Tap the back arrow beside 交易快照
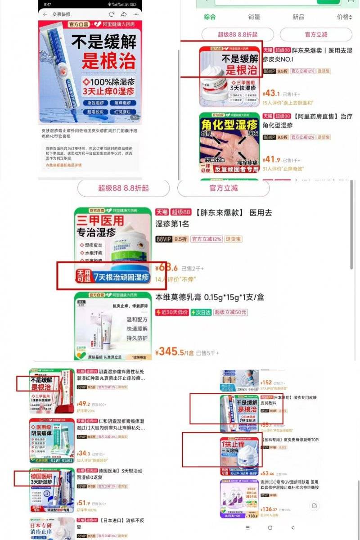(45, 14)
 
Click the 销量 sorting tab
(254, 17)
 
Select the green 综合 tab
(210, 17)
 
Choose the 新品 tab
(298, 17)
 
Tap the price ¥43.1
(271, 94)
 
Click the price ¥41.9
(271, 159)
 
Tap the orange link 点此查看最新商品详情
(63, 165)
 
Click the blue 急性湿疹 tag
(93, 103)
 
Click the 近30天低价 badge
(171, 312)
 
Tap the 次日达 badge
(200, 312)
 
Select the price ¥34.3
(84, 454)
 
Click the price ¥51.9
(84, 503)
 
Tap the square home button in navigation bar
(270, 527)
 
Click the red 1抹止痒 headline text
(233, 445)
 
